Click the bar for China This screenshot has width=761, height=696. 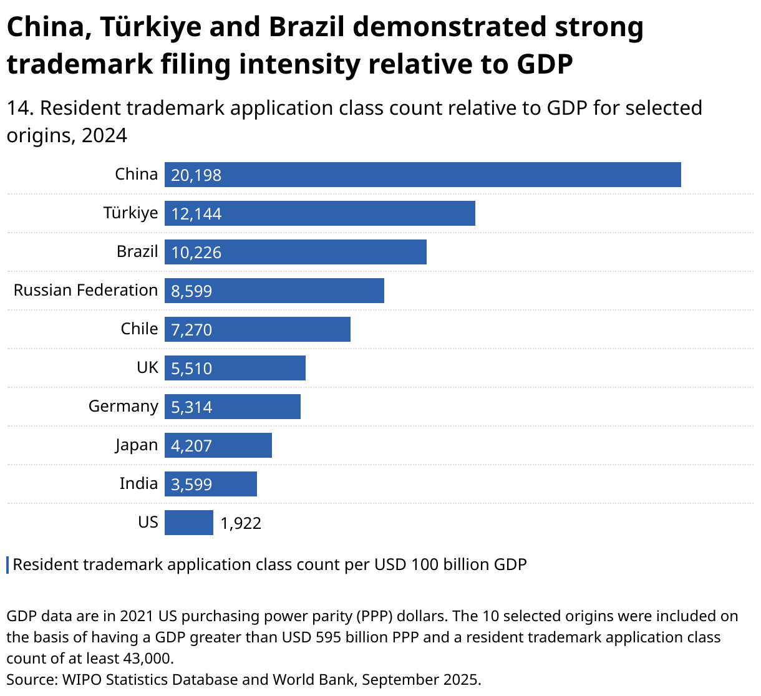[x=422, y=175]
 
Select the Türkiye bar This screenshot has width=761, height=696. [x=319, y=213]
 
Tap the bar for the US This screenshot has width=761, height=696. [x=188, y=523]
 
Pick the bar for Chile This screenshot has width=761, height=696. [x=257, y=329]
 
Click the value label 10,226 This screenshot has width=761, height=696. [x=196, y=253]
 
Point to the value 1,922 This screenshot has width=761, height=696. [x=241, y=523]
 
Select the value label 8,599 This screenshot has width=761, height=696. [x=191, y=291]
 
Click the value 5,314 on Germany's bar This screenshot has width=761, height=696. [x=191, y=407]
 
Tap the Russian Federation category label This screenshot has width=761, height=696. [x=85, y=290]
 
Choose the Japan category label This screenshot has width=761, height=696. [x=136, y=445]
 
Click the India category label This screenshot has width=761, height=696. [x=138, y=483]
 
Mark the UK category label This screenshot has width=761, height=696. [x=147, y=367]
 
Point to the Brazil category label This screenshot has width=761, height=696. [x=137, y=251]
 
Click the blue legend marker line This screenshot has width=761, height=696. [x=7, y=564]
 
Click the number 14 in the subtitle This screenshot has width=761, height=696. [x=19, y=109]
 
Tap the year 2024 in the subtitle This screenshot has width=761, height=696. [x=104, y=135]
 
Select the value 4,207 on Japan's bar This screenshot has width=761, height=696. [x=191, y=446]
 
